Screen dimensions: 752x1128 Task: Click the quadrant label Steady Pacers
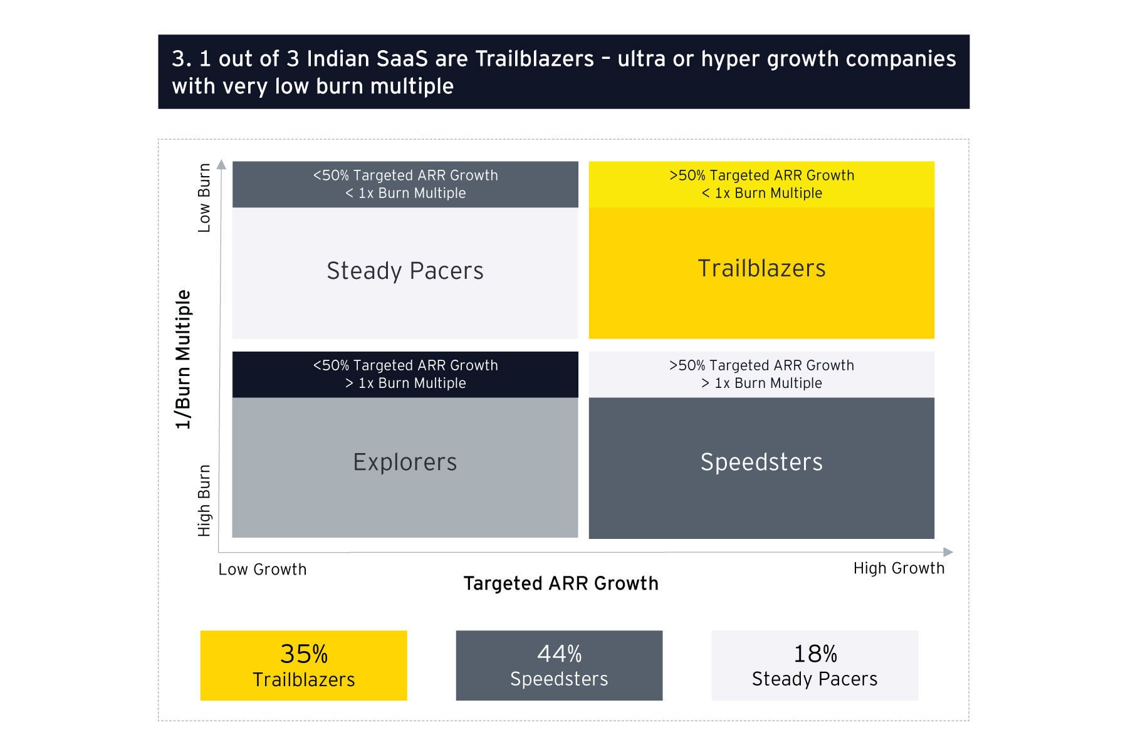click(405, 271)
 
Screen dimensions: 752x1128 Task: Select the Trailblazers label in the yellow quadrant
click(761, 268)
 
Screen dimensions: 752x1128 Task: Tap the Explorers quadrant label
click(405, 462)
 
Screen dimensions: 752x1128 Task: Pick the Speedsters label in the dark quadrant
click(761, 462)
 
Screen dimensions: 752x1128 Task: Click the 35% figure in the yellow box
click(304, 654)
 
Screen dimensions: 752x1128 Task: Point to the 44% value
click(559, 654)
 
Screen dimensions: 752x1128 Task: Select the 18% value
click(815, 654)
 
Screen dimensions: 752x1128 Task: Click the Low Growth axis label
click(263, 570)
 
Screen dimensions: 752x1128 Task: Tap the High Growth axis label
click(899, 568)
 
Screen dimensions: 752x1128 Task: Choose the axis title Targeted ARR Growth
click(561, 583)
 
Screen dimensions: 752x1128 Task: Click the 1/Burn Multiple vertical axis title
click(183, 359)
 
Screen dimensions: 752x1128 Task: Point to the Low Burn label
click(204, 197)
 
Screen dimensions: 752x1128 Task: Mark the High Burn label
click(204, 501)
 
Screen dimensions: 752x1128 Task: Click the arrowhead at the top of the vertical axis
click(221, 164)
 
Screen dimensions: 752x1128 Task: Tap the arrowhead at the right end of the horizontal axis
click(948, 552)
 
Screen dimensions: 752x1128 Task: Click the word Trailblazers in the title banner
click(535, 59)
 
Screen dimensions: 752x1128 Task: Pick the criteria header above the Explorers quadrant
click(405, 374)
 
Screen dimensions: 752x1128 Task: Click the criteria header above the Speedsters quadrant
click(761, 374)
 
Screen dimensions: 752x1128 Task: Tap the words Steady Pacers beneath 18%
click(815, 679)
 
